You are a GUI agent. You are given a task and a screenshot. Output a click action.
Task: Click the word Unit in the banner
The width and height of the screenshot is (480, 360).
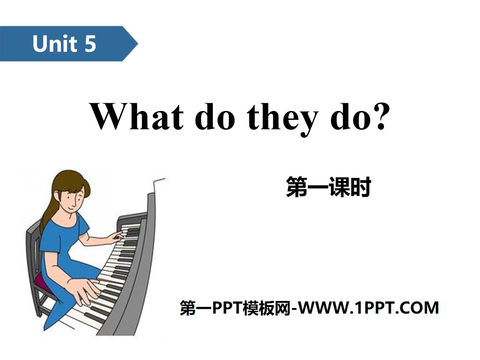(x=54, y=44)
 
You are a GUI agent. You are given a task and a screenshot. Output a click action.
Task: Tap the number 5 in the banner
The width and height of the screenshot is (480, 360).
(x=90, y=44)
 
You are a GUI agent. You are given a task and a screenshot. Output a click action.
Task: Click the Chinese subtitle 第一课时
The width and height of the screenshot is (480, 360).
(x=328, y=188)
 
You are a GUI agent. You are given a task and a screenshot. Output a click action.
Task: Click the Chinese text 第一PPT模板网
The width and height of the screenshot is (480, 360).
(x=235, y=308)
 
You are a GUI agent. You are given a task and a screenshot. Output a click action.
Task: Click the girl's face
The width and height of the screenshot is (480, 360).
(x=75, y=197)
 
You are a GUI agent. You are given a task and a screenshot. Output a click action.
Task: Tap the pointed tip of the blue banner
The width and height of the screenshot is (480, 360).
(x=136, y=44)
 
